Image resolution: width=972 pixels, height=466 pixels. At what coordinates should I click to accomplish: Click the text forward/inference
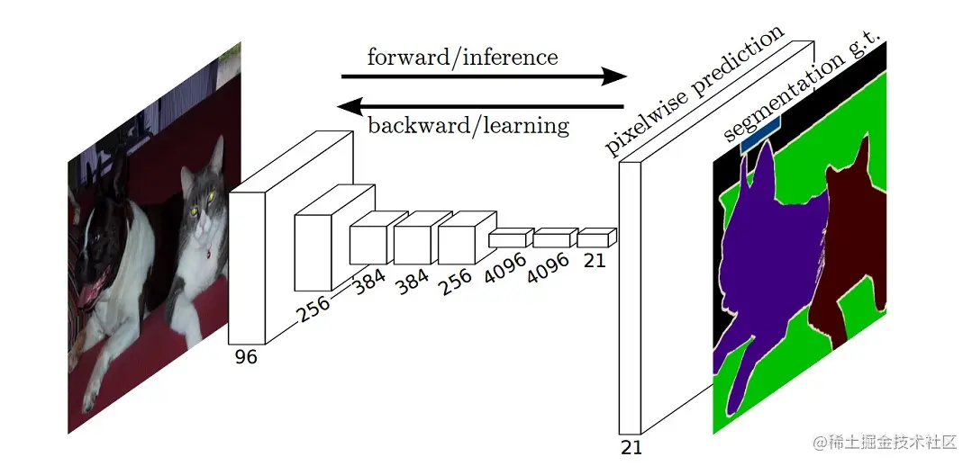point(462,58)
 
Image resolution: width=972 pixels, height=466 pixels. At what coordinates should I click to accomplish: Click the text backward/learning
point(468,125)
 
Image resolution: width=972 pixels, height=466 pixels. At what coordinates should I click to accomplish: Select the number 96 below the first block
point(246,357)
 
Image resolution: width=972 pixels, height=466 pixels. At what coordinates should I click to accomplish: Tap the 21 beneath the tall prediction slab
point(631,447)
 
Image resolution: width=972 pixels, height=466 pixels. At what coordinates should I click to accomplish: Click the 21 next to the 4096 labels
point(595,260)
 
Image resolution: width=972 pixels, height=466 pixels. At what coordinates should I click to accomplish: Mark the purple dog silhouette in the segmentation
point(766,261)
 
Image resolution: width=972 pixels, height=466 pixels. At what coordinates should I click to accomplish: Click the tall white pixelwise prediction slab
point(630,297)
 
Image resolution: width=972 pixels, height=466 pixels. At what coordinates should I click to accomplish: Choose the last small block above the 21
point(594,238)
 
